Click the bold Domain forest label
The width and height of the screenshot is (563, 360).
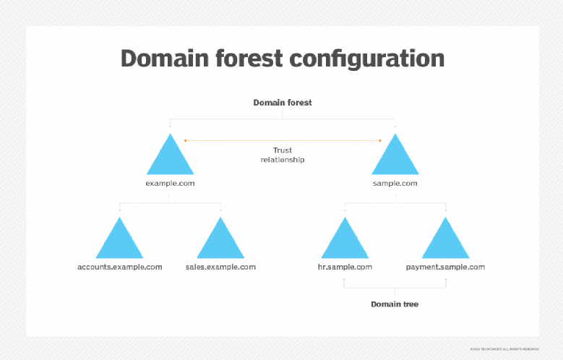click(283, 103)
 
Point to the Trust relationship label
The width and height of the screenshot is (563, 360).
click(283, 155)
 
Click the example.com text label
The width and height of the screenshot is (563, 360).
click(170, 184)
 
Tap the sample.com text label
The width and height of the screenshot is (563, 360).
click(395, 184)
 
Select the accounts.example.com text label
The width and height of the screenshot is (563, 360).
click(120, 267)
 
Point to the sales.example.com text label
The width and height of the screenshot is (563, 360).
click(220, 267)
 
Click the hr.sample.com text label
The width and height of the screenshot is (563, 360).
click(345, 267)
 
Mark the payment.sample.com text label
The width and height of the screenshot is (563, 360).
click(446, 267)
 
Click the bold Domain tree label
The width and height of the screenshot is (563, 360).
click(395, 304)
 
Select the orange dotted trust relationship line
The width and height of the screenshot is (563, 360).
click(283, 140)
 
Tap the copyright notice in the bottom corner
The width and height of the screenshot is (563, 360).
click(515, 348)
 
